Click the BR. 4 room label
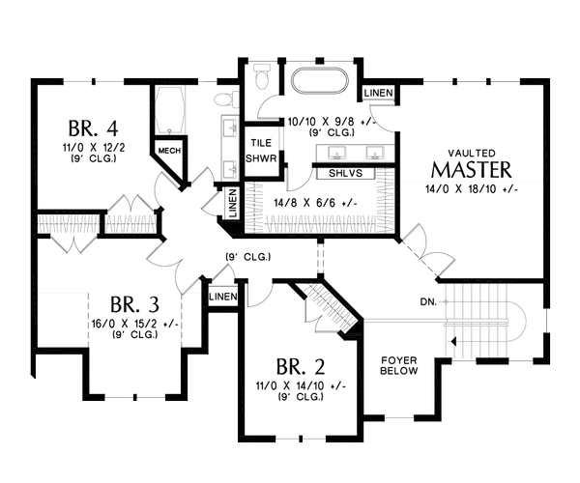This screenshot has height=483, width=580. pyautogui.click(x=93, y=128)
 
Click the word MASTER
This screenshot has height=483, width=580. pyautogui.click(x=471, y=171)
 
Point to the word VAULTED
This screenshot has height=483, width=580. pyautogui.click(x=471, y=153)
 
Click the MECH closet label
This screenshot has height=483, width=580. pyautogui.click(x=171, y=151)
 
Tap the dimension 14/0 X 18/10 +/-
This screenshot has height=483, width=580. pyautogui.click(x=471, y=190)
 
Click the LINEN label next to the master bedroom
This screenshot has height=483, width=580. pyautogui.click(x=378, y=93)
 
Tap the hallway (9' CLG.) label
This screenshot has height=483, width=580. pyautogui.click(x=246, y=257)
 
